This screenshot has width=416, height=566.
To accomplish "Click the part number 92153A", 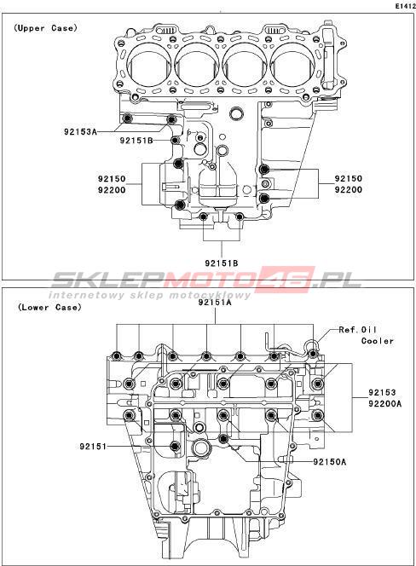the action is tap(80, 132).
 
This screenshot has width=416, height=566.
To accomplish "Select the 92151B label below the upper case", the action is tap(222, 263).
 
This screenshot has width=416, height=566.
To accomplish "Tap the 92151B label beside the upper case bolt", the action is tap(136, 141).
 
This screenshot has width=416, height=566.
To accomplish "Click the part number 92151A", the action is tap(215, 303).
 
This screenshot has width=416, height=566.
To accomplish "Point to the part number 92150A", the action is tap(330, 462).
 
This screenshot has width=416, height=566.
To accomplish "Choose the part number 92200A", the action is tap(385, 403).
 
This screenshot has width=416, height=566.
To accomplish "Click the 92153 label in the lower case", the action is tap(383, 392).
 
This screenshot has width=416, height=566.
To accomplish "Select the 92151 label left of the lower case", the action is tap(93, 447).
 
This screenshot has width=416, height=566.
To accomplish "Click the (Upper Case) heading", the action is tap(45, 28).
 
